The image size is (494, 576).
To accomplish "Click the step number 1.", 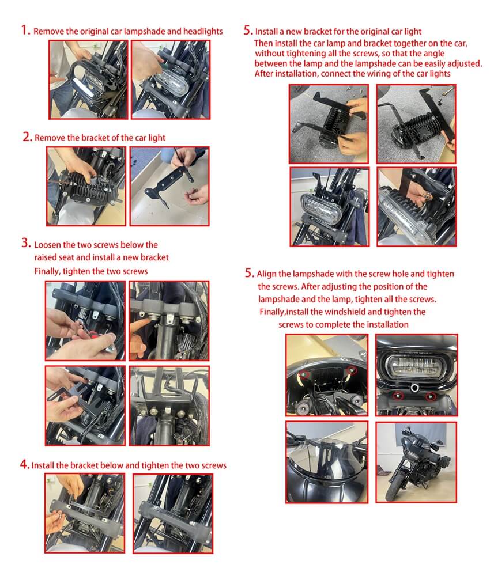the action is tap(25, 30).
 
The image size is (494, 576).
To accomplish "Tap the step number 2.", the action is tap(27, 137).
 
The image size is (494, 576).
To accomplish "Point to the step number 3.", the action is tap(26, 243).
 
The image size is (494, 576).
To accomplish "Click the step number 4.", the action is tap(25, 464).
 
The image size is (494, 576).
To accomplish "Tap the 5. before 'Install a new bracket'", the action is tap(248, 30).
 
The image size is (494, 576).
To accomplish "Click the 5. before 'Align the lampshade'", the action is tap(250, 273).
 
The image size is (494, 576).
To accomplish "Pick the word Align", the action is tap(266, 274).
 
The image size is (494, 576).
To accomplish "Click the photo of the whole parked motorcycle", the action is tap(416, 462).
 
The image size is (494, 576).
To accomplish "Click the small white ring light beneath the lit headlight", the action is tap(415, 387).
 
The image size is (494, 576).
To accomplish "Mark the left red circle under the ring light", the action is tap(398, 396).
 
